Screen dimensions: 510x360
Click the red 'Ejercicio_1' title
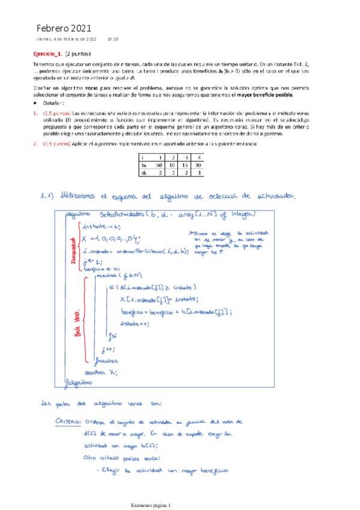click(47, 54)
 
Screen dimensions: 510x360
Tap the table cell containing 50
click(159, 164)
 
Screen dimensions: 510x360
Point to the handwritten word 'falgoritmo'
click(81, 381)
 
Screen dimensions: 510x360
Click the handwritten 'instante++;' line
click(136, 323)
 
